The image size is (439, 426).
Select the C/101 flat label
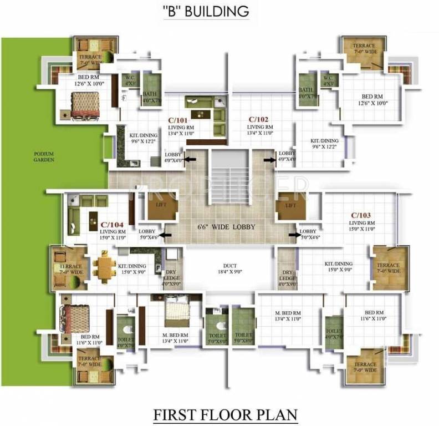click(177, 119)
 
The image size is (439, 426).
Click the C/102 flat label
click(258, 119)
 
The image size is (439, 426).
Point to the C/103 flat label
click(361, 215)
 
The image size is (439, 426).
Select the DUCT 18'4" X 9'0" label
click(229, 267)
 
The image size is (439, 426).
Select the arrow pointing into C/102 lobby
click(270, 160)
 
